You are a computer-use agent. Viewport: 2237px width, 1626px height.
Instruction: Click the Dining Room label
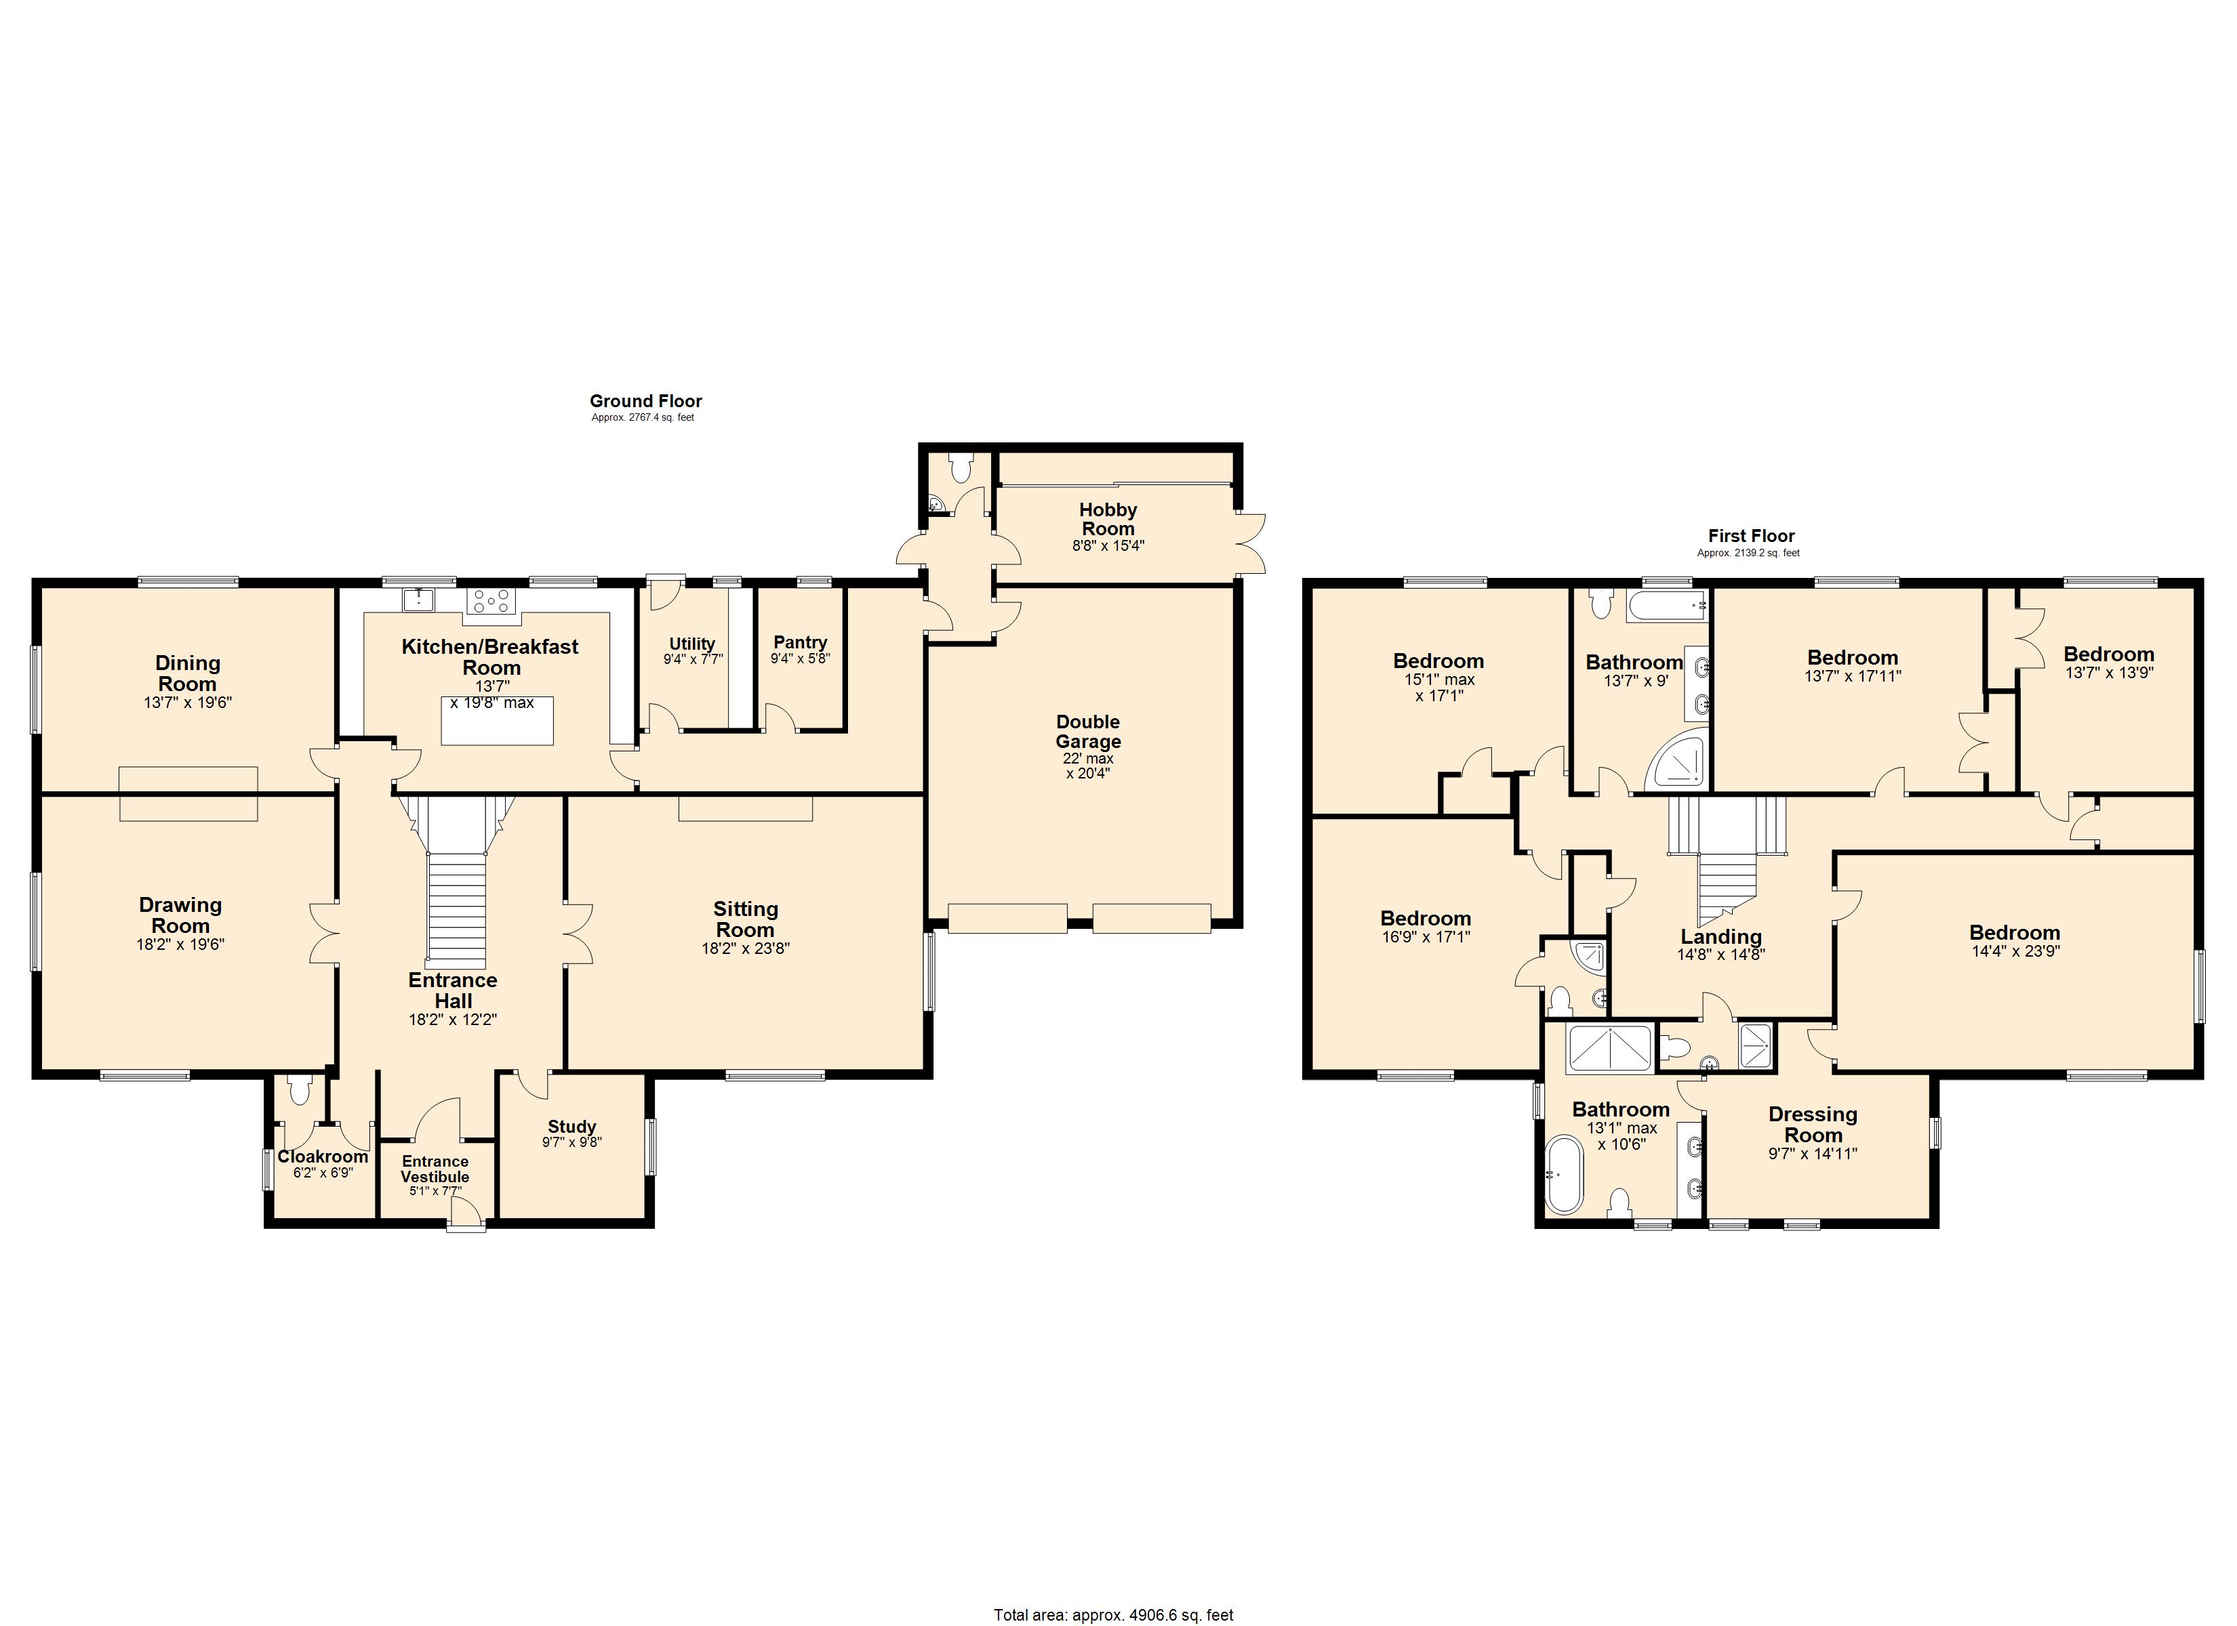coord(187,673)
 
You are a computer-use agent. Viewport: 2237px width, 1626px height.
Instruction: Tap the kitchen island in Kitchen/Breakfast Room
coord(497,721)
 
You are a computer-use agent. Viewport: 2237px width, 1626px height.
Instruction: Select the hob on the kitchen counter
coord(492,600)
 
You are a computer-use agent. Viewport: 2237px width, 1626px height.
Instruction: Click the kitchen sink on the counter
coord(418,598)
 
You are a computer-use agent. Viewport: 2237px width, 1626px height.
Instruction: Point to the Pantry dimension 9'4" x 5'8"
coord(800,659)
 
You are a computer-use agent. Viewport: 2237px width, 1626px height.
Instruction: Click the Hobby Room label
coord(1108,519)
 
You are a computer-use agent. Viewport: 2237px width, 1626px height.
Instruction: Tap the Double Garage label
coord(1088,732)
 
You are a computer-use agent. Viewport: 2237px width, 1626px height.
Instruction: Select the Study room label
coord(572,1126)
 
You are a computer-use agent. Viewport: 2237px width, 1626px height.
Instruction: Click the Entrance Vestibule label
coord(435,1169)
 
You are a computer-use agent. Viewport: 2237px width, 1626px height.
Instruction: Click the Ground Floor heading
coord(645,400)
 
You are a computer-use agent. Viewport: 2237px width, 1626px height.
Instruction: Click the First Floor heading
coord(1751,535)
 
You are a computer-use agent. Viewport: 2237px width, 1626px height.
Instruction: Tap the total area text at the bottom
coord(1112,1615)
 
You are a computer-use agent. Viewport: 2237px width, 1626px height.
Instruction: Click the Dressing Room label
coord(1813,1124)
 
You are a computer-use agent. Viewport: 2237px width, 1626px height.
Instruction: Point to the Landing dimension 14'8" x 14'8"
coord(1720,955)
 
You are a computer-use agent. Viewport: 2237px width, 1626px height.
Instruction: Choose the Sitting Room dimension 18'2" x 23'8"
coord(745,948)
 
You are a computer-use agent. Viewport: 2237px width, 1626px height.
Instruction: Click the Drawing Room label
coord(180,915)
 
